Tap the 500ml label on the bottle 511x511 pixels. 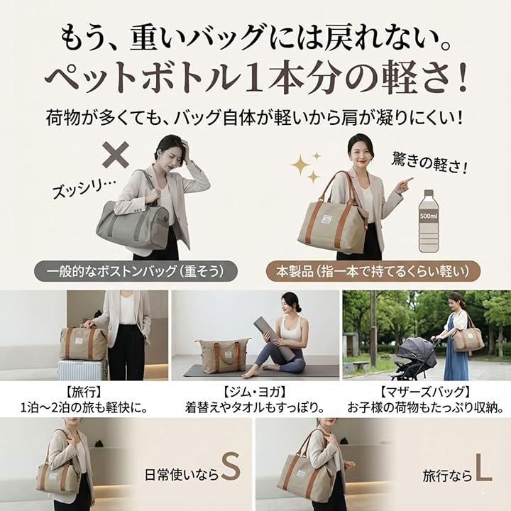(x=429, y=216)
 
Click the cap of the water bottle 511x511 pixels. (x=429, y=192)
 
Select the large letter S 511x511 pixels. (x=231, y=467)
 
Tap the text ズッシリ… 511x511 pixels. (x=84, y=189)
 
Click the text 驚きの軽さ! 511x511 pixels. (x=429, y=163)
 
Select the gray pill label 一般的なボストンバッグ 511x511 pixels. (x=136, y=271)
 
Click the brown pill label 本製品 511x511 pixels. (x=373, y=271)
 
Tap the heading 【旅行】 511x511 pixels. (x=84, y=392)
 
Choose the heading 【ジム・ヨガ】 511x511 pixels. (x=255, y=392)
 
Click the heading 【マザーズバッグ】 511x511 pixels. (x=426, y=392)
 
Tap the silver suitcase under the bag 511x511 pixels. (x=82, y=370)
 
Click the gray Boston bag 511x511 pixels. (x=133, y=225)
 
